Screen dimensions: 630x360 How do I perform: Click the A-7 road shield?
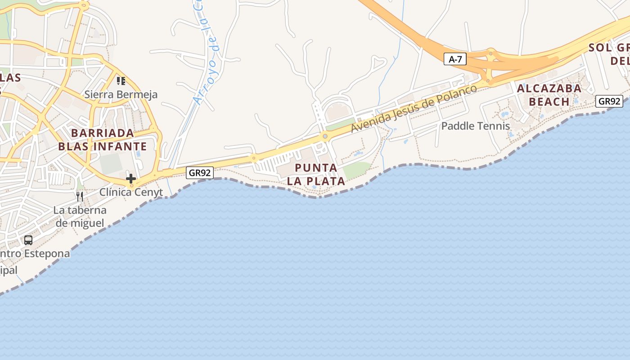point(455,59)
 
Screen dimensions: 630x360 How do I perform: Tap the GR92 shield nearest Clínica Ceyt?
point(199,172)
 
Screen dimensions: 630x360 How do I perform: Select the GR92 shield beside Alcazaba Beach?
point(609,101)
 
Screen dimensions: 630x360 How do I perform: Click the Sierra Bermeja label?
point(121,94)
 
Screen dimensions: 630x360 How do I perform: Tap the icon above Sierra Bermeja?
point(121,81)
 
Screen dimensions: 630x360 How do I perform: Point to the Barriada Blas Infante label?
point(103,139)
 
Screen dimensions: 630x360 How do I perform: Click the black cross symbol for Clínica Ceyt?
point(131,179)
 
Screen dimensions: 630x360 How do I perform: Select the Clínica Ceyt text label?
point(131,192)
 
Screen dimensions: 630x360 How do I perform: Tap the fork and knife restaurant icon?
point(80,196)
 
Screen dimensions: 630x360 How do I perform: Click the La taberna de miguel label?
point(80,216)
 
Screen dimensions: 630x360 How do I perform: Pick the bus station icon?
point(28,240)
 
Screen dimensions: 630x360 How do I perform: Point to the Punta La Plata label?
point(316,175)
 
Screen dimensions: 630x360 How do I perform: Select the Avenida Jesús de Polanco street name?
point(414,108)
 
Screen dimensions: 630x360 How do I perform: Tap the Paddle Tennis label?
point(476,126)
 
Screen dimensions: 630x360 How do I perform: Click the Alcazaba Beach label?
point(549,95)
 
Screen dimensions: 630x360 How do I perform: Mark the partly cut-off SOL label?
point(599,48)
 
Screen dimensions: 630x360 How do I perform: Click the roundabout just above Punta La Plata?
point(324,136)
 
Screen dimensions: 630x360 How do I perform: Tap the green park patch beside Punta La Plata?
point(357,170)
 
